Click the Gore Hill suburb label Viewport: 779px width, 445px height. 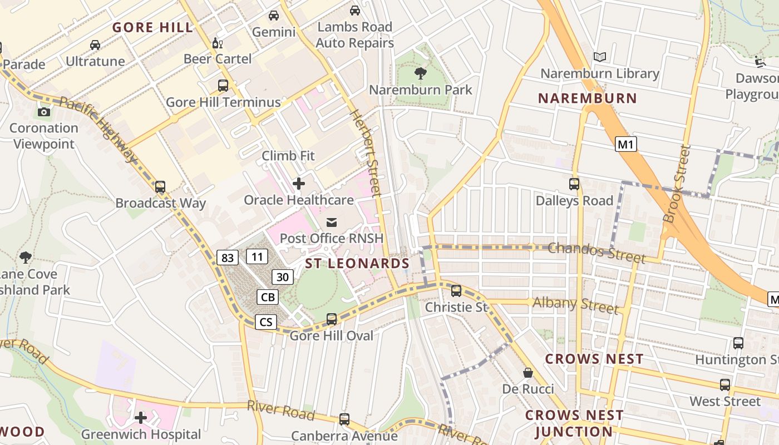(152, 27)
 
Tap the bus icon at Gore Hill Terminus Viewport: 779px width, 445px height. (223, 86)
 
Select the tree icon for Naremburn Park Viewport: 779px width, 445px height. (421, 73)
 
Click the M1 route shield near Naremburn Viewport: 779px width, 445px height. (626, 145)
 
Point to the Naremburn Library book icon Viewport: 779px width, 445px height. (599, 57)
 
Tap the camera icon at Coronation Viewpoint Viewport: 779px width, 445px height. (44, 112)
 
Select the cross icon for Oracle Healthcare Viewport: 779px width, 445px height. (299, 183)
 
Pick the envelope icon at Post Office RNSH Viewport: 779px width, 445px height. (332, 222)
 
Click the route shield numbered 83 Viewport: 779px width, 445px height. (228, 258)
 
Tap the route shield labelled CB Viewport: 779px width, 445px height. (268, 297)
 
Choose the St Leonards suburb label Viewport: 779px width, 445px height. (357, 263)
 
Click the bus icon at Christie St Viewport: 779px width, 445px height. (456, 290)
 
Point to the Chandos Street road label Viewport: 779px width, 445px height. (596, 252)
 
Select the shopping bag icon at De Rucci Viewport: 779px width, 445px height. (527, 373)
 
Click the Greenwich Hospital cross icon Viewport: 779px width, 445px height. (141, 417)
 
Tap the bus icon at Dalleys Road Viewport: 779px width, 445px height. (574, 184)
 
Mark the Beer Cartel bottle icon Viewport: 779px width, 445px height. (217, 43)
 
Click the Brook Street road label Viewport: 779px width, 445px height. (677, 184)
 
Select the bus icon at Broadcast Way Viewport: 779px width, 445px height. (160, 186)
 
